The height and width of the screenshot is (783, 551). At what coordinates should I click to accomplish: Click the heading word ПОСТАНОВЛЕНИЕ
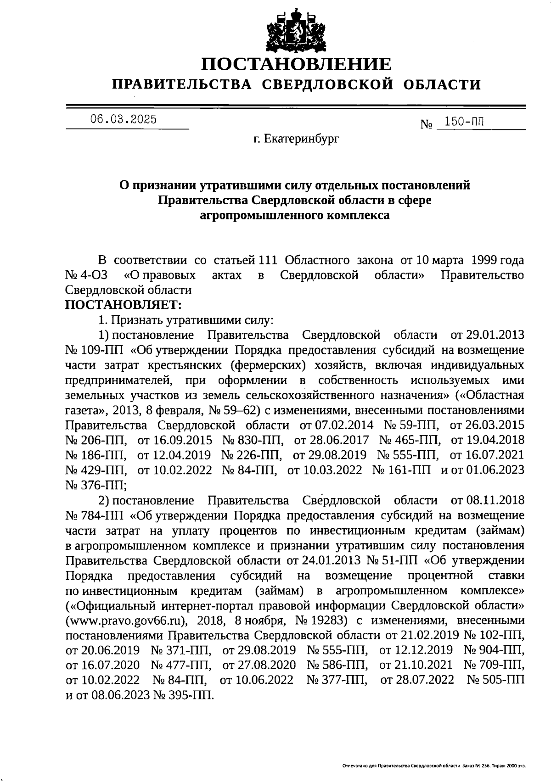(297, 64)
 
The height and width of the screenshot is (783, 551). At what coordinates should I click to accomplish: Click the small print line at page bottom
(433, 766)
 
